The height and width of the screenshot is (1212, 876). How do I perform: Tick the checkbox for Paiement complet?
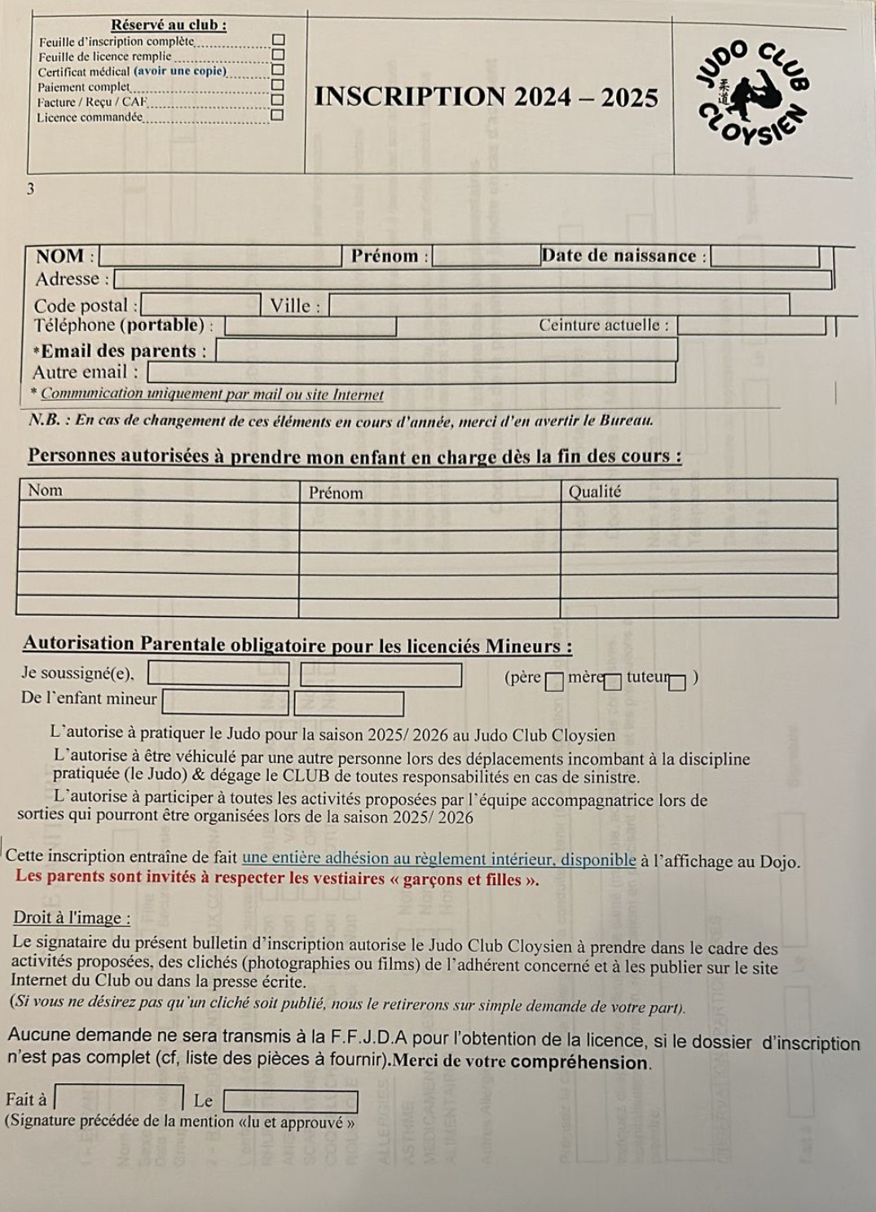click(278, 85)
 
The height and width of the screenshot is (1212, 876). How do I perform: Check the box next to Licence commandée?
click(278, 115)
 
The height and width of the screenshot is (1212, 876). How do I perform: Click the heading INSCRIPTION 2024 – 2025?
click(486, 98)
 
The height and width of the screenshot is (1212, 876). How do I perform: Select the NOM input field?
click(220, 256)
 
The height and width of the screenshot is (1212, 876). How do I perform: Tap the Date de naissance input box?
click(765, 256)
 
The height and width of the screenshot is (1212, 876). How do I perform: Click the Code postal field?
click(201, 305)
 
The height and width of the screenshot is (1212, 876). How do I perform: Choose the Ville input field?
click(559, 306)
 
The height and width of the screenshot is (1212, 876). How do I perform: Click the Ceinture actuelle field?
click(751, 325)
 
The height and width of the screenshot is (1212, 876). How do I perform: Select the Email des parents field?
click(447, 350)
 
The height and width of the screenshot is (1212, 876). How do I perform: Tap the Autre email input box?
click(412, 372)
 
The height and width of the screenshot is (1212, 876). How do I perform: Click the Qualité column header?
click(595, 491)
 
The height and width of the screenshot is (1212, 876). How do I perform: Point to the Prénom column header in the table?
click(336, 492)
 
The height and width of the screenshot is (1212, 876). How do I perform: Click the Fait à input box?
click(120, 1097)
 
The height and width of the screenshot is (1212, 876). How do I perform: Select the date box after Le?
click(290, 1102)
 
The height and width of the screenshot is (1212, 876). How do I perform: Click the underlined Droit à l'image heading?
click(72, 918)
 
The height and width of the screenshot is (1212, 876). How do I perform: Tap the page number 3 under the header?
click(31, 189)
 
